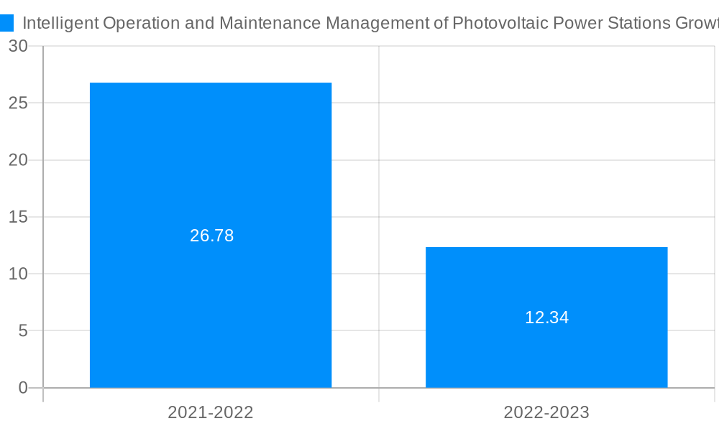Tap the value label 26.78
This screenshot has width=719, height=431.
point(211,236)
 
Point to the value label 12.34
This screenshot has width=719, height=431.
point(546,318)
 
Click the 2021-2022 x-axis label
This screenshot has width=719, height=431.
point(211,412)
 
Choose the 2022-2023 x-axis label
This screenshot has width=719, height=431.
point(546,412)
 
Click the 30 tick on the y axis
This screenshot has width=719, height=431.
point(18,46)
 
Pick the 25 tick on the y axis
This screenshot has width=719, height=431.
point(18,103)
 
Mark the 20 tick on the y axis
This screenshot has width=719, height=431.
point(18,159)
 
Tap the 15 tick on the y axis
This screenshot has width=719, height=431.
point(18,217)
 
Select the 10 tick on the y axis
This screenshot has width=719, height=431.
point(18,274)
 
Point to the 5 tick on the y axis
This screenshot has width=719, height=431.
point(22,330)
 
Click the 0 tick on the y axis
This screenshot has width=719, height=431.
point(22,388)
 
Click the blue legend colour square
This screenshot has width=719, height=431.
point(6,23)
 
